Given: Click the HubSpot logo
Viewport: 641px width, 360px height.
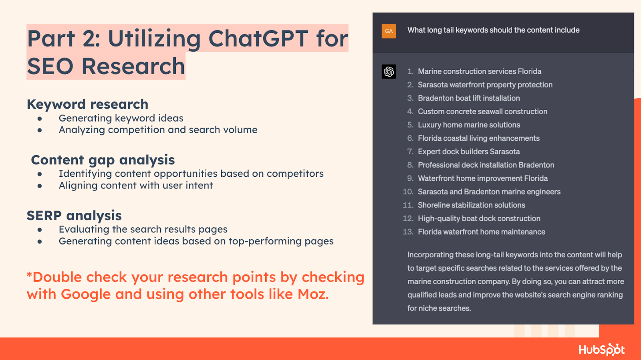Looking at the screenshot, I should click(601, 350).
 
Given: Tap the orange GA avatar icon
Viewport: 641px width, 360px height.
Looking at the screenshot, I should click(389, 31).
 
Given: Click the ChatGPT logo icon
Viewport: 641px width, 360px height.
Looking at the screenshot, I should click(389, 72).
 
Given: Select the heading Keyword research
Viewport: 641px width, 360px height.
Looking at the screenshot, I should click(87, 104).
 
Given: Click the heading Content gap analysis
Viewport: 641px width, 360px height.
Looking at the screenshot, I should click(103, 160).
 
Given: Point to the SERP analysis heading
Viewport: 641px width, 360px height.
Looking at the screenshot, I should click(74, 216).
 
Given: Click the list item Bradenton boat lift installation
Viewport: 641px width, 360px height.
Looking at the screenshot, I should click(469, 98).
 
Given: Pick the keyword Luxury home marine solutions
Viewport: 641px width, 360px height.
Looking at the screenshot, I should click(469, 125).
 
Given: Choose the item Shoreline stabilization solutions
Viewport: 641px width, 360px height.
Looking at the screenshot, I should click(471, 205).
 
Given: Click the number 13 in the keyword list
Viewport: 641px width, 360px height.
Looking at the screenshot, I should click(408, 232).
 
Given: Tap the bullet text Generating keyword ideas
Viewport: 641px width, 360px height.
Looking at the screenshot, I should click(121, 118).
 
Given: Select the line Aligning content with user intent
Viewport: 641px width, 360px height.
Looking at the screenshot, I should click(136, 186).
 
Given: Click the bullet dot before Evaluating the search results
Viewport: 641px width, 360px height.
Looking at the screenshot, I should click(40, 230).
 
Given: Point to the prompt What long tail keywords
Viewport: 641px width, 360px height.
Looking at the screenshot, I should click(493, 30).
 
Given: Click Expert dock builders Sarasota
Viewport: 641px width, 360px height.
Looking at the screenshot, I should click(469, 152).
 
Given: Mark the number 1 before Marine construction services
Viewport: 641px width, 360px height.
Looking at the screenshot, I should click(410, 71).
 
